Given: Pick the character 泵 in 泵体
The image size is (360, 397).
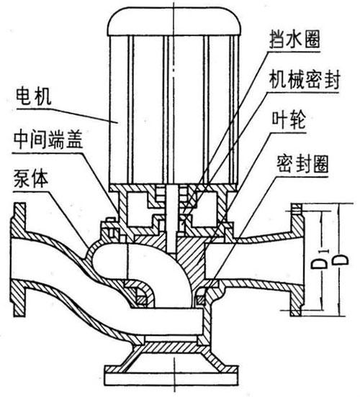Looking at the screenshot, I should pyautogui.click(x=21, y=177).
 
